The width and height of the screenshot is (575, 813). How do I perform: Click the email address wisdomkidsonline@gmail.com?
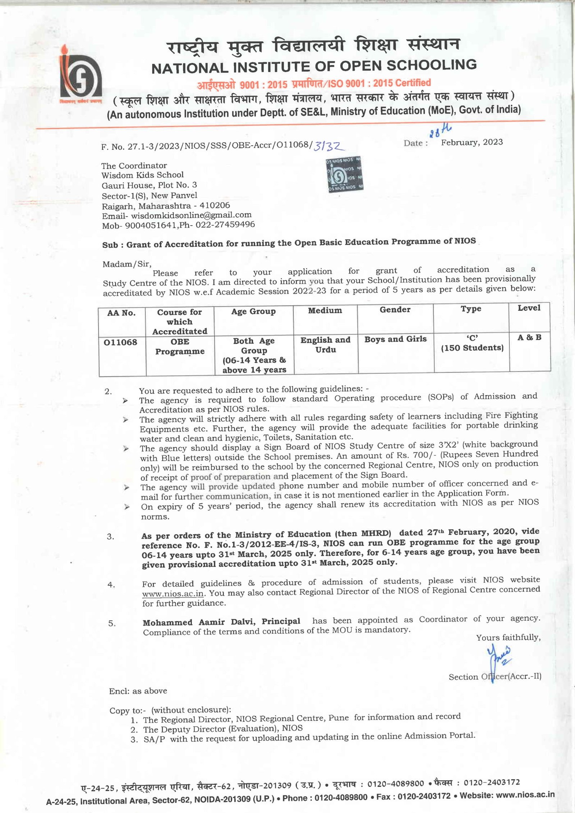(x=191, y=215)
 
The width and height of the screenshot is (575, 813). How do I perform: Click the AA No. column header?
(x=121, y=313)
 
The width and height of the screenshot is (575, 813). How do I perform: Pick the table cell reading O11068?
(x=120, y=342)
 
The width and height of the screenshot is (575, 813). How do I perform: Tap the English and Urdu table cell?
(x=325, y=345)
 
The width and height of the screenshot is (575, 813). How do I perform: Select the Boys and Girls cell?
(x=395, y=339)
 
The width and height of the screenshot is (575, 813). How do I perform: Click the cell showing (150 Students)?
(x=472, y=348)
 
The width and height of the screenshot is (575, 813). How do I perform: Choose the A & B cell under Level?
(x=529, y=337)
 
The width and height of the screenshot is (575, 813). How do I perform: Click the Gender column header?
(x=395, y=310)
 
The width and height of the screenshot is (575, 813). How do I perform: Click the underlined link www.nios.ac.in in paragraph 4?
(x=172, y=593)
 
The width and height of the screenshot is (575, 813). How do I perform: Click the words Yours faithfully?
(x=508, y=638)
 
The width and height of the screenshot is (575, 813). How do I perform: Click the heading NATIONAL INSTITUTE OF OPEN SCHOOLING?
(x=314, y=66)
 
